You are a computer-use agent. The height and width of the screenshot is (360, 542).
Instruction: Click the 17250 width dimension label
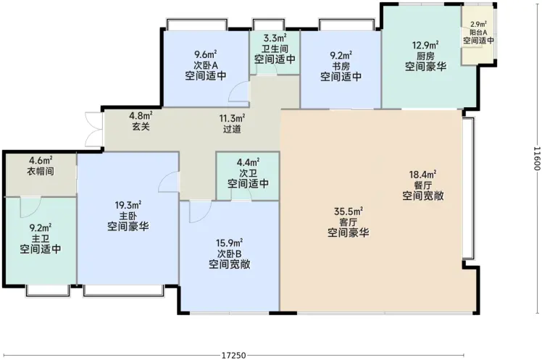(233, 355)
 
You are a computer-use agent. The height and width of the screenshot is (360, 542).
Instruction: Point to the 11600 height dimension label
(536, 159)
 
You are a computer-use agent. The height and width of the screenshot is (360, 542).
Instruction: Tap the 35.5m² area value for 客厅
(349, 211)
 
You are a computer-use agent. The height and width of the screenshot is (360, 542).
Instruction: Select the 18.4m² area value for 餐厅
(422, 174)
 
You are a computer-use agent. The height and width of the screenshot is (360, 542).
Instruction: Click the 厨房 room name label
(425, 56)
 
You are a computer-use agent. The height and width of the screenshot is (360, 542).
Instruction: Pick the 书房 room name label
(341, 66)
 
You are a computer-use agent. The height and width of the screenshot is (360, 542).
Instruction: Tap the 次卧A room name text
(206, 65)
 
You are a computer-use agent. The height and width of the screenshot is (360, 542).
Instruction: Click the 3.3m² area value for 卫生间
(275, 38)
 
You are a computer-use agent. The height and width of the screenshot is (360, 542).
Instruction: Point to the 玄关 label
(141, 127)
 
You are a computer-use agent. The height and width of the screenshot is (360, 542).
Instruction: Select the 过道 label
(232, 129)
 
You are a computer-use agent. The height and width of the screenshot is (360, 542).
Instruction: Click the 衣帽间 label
(41, 171)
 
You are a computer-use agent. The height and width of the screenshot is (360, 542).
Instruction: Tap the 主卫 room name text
(41, 238)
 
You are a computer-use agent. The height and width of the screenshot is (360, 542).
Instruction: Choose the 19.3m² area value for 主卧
(128, 206)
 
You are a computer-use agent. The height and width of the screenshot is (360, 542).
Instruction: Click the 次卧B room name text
(230, 254)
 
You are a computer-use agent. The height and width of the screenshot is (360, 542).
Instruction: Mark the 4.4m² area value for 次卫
(249, 162)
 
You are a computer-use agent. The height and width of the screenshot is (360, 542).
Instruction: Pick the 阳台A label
(478, 32)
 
